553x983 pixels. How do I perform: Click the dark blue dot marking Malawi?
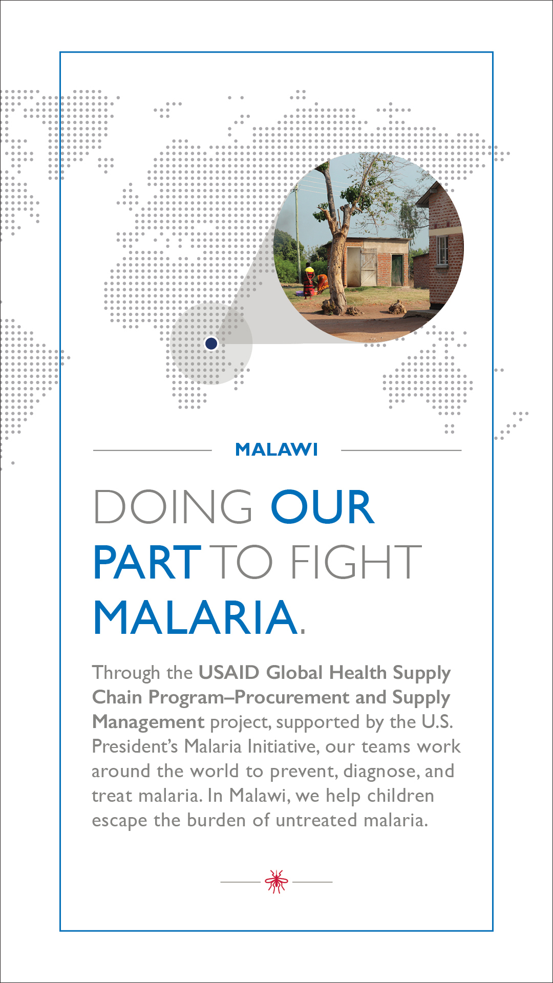[211, 344]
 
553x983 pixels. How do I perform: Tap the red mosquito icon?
[276, 881]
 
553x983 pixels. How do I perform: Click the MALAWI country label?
[276, 450]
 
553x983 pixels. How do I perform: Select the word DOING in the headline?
[173, 507]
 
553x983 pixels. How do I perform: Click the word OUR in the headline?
[323, 507]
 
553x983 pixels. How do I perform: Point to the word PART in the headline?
[147, 562]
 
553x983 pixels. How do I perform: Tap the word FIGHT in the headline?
[356, 562]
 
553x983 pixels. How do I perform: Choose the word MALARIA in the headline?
[196, 617]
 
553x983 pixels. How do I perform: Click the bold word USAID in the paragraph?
[229, 672]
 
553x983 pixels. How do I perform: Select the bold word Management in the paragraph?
[148, 722]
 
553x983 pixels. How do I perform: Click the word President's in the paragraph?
[135, 746]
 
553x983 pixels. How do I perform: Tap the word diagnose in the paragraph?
[381, 772]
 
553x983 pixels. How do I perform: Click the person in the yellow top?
[309, 281]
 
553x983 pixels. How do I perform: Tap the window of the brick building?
[442, 251]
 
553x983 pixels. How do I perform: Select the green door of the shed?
[397, 270]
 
